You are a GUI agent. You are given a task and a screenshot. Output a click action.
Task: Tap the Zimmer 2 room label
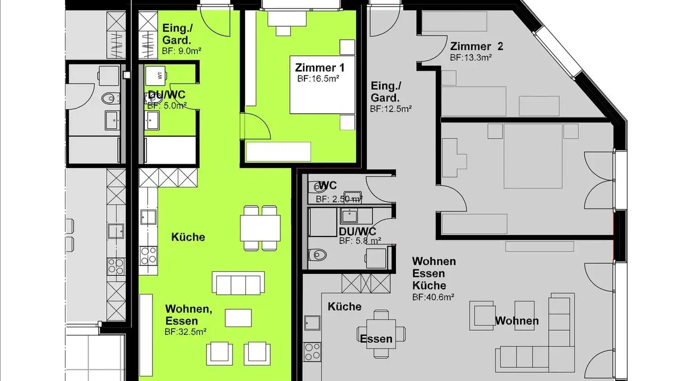click(x=476, y=47)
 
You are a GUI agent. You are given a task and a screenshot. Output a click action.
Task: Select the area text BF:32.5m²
click(x=186, y=332)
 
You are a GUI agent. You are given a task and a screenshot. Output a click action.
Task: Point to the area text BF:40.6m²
click(x=433, y=297)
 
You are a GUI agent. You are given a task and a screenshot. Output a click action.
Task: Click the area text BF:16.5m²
click(x=318, y=79)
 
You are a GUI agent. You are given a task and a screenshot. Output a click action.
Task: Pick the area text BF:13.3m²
click(x=471, y=57)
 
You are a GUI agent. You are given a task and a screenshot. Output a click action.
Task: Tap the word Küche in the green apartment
click(x=188, y=237)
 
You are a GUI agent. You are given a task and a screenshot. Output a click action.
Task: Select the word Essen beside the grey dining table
click(x=376, y=339)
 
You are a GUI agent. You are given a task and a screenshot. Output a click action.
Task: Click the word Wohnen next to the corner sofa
click(x=517, y=321)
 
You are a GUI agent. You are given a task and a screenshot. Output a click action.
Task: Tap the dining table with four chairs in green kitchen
click(x=260, y=228)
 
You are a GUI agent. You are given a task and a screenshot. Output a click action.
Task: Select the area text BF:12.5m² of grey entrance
click(x=391, y=109)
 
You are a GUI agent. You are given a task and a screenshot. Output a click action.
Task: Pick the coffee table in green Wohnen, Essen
click(x=238, y=317)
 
